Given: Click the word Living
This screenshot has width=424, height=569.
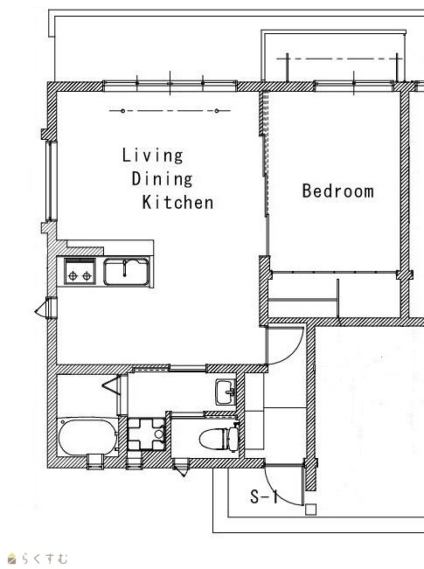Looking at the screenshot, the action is [152, 156].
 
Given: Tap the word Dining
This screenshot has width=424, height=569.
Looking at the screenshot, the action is [162, 179].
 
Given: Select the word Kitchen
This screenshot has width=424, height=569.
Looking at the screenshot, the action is [177, 202].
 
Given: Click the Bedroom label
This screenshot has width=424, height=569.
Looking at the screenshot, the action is [338, 191].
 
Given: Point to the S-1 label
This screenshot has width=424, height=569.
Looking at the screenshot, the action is [263, 496].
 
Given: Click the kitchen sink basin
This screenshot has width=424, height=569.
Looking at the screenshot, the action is [126, 272].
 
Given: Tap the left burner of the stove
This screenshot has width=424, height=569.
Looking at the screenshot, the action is [73, 276].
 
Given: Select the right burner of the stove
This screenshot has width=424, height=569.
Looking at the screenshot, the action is [87, 276].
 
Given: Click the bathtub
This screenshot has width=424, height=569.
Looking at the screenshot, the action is [87, 437].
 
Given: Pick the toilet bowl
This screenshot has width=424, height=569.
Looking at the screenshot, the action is [213, 439].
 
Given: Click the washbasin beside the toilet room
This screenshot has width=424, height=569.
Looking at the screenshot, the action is [226, 392].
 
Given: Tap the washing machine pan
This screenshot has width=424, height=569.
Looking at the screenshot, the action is [146, 434].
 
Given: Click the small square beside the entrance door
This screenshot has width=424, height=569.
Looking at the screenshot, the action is [310, 510].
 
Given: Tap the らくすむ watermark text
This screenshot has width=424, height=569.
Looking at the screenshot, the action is [45, 559].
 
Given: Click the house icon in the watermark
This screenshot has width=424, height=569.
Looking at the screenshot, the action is [12, 559].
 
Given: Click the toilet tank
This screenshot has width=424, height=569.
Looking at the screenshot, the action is [233, 439].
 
